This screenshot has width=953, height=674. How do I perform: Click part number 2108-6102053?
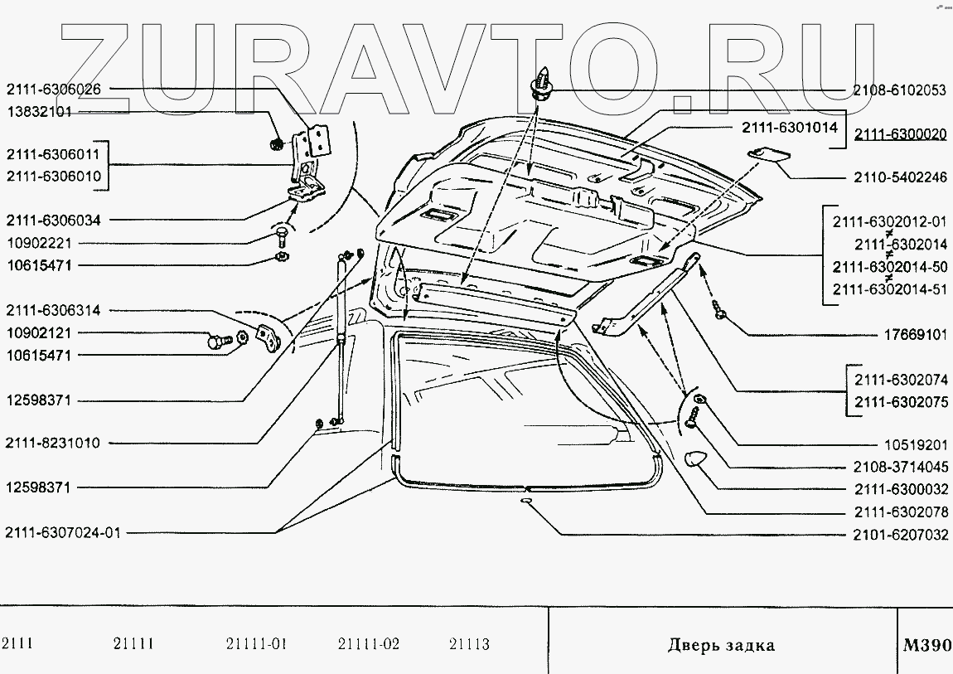899,91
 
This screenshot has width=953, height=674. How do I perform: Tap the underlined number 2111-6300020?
900,134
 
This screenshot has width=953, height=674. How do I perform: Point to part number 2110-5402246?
899,177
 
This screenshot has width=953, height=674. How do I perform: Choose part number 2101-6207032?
899,536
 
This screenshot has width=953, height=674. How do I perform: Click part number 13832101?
40,112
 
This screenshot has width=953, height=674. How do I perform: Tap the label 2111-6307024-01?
62,533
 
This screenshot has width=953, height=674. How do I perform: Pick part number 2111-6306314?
54,311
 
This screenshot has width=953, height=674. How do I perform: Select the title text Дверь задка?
721,645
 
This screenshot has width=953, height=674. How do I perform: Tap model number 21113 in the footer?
469,644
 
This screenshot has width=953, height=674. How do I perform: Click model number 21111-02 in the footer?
369,644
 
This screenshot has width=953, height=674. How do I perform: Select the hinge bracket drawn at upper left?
311,162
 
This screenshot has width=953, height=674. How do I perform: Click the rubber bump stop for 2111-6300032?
694,459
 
